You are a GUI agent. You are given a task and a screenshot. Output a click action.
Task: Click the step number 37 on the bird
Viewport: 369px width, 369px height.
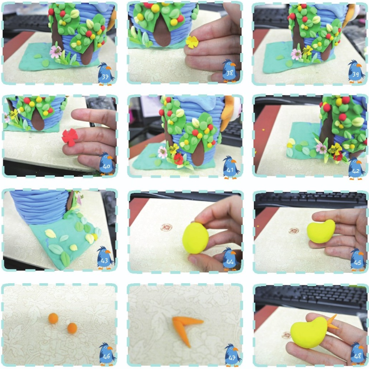105,77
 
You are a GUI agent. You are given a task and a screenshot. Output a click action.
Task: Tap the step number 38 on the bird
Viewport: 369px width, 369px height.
230,73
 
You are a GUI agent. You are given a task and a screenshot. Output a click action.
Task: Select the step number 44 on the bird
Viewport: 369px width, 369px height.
230,262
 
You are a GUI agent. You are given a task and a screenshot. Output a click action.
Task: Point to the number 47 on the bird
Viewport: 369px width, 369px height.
232,358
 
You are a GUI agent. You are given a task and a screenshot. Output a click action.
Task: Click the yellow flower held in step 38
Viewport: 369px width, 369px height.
192,42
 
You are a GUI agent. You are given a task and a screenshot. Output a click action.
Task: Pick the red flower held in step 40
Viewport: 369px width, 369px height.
70,137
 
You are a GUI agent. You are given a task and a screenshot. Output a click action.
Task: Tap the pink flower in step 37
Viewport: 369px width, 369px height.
55,52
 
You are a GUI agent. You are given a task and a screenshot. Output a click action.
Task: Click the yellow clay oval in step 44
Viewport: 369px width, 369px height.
196,238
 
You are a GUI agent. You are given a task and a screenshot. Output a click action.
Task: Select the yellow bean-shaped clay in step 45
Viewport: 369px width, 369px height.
321,232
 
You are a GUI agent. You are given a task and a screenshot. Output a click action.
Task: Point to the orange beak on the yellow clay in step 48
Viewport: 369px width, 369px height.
332,323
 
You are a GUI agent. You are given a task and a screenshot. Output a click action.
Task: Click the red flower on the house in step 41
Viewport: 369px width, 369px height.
179,159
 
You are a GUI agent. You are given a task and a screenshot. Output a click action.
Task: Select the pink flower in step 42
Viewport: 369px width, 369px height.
321,148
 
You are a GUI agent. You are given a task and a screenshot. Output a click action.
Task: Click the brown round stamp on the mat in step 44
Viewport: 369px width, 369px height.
166,227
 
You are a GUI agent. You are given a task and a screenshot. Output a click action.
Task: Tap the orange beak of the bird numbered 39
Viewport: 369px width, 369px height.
358,65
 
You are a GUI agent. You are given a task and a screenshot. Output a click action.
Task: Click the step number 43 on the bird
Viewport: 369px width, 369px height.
104,261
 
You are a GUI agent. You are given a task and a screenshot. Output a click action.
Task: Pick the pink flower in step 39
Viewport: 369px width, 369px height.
296,54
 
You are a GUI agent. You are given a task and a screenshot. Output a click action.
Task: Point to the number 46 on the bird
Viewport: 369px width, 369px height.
107,356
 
